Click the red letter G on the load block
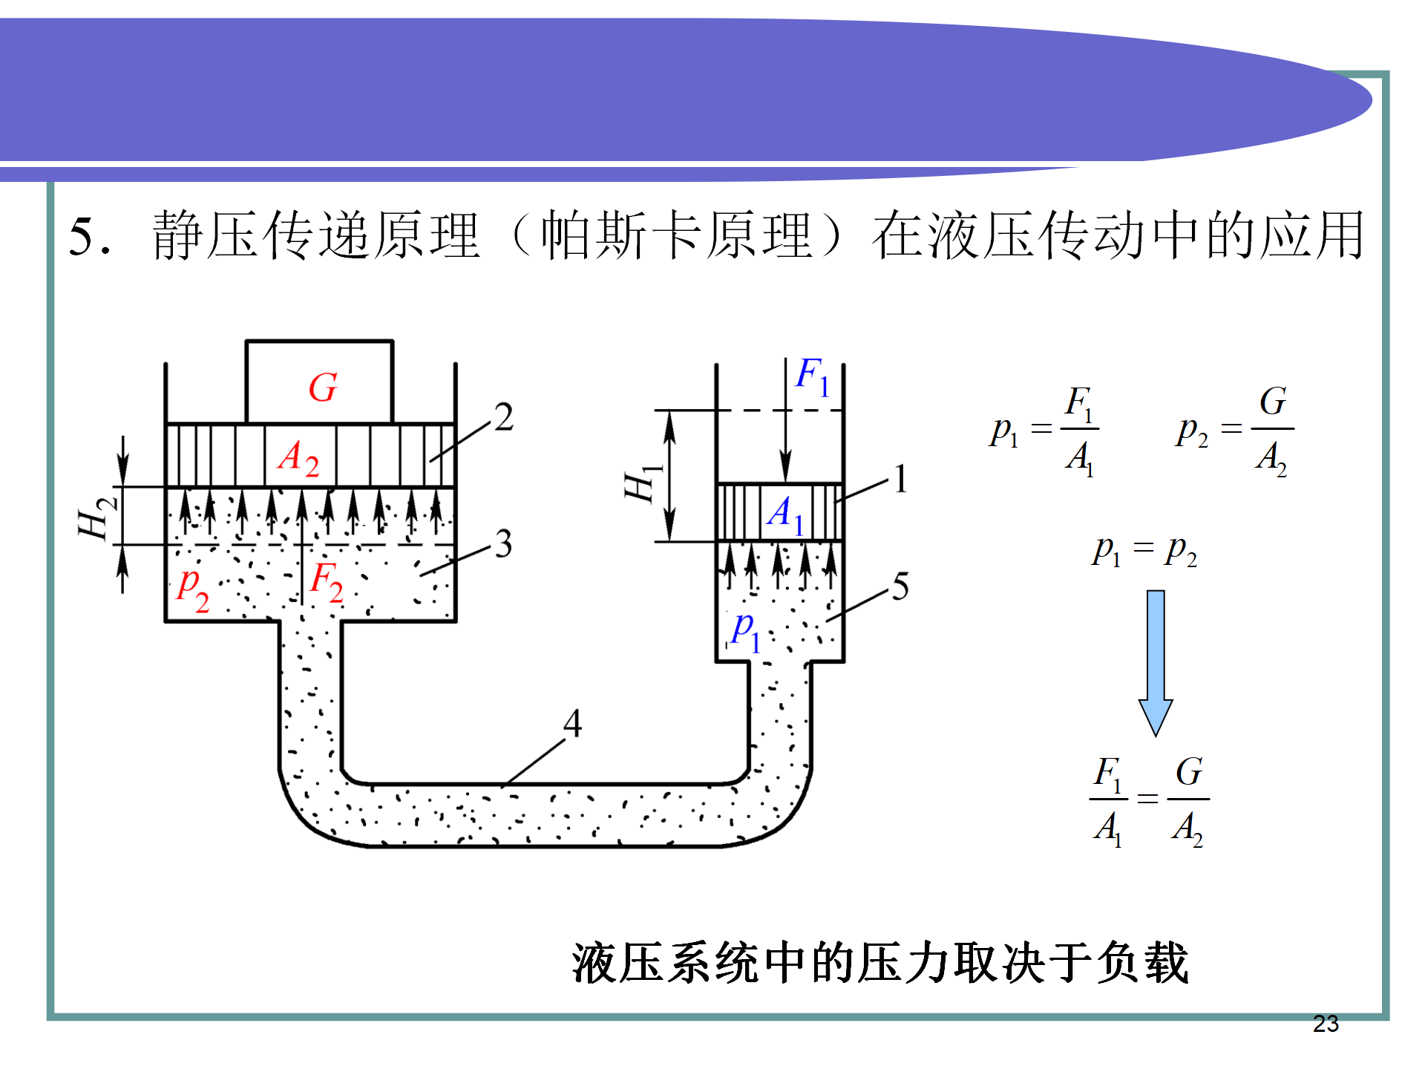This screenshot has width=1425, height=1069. [x=323, y=388]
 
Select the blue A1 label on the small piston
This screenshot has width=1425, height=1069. [x=785, y=514]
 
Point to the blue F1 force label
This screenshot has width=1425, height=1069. [x=812, y=377]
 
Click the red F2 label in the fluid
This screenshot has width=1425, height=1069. [x=327, y=581]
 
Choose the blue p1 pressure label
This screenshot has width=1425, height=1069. [x=744, y=632]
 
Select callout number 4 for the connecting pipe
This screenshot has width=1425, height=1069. [x=572, y=722]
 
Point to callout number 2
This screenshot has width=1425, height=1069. [x=504, y=417]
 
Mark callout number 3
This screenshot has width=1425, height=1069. [x=504, y=544]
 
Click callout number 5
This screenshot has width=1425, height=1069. [x=900, y=587]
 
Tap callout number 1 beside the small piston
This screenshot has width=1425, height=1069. [x=900, y=479]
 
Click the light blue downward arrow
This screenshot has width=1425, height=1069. [x=1156, y=661]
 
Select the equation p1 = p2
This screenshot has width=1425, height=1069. [x=1144, y=551]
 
